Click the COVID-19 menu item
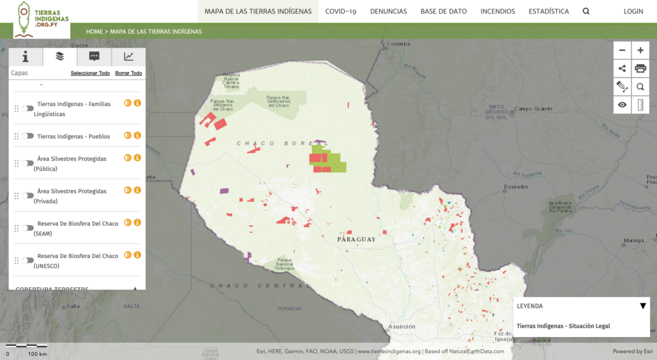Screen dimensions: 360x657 [340, 12]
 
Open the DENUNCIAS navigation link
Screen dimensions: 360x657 [388, 12]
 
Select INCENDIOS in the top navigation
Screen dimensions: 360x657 [497, 12]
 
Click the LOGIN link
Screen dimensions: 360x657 [633, 12]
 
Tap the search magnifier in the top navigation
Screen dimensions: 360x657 [586, 12]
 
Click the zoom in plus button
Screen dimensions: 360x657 [640, 50]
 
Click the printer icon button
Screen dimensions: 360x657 [640, 69]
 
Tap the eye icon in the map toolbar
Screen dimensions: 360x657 [622, 105]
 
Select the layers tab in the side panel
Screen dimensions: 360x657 [60, 56]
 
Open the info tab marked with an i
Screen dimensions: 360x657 [26, 56]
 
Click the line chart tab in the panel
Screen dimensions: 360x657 [129, 56]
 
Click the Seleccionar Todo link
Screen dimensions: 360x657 [90, 73]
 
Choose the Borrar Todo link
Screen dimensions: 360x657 [128, 73]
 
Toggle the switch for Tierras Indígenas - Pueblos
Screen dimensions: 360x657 [28, 136]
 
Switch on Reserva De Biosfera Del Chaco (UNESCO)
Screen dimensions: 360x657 [28, 260]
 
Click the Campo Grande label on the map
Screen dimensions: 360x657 [533, 108]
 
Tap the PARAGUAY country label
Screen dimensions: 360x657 [356, 239]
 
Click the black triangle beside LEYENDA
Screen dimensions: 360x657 [643, 306]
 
